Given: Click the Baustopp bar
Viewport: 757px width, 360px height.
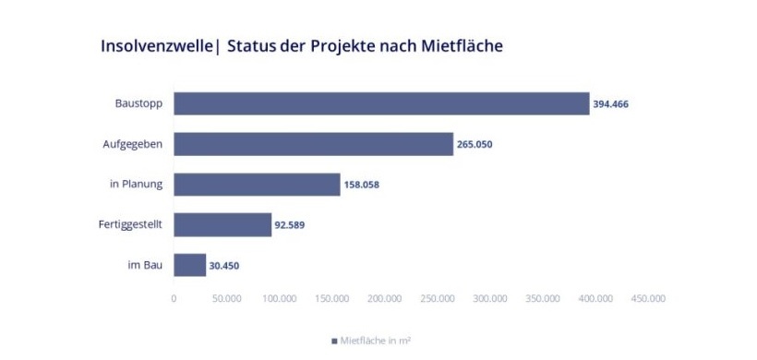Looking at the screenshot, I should (x=380, y=103).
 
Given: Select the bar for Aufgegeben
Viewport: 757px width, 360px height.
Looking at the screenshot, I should (x=313, y=144).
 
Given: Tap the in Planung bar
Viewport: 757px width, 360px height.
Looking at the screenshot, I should (x=257, y=185).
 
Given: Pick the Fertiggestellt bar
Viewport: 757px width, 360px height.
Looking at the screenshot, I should (x=222, y=224).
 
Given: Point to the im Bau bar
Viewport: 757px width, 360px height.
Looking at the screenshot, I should (x=189, y=265).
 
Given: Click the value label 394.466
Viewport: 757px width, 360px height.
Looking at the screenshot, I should (x=610, y=104).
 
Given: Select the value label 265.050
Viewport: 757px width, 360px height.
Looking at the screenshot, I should (x=475, y=145).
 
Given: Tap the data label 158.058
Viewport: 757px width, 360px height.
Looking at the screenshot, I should (x=361, y=185).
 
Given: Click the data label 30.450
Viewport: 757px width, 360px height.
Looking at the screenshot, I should (x=225, y=266).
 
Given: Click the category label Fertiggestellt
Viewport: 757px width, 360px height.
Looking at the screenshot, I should (x=130, y=224).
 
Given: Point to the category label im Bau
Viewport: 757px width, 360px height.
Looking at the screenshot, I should (x=145, y=265).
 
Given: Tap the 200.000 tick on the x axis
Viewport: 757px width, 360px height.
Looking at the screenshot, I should (x=384, y=298).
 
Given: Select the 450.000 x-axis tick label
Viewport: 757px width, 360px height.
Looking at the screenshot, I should (x=647, y=298).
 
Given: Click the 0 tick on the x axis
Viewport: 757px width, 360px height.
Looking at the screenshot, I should (x=174, y=298).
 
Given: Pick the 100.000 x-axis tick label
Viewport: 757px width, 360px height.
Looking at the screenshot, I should (x=279, y=298).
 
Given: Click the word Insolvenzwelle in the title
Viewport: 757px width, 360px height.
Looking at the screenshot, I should (x=157, y=45).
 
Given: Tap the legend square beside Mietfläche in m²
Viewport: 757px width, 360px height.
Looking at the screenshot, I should (x=335, y=341).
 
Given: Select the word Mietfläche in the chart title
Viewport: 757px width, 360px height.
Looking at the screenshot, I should (x=459, y=45).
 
